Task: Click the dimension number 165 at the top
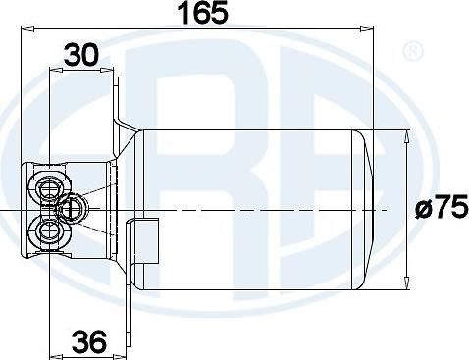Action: (x=204, y=14)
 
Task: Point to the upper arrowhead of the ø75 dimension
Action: (x=408, y=137)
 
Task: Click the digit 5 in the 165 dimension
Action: (x=224, y=14)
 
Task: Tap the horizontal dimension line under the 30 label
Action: (x=82, y=71)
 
